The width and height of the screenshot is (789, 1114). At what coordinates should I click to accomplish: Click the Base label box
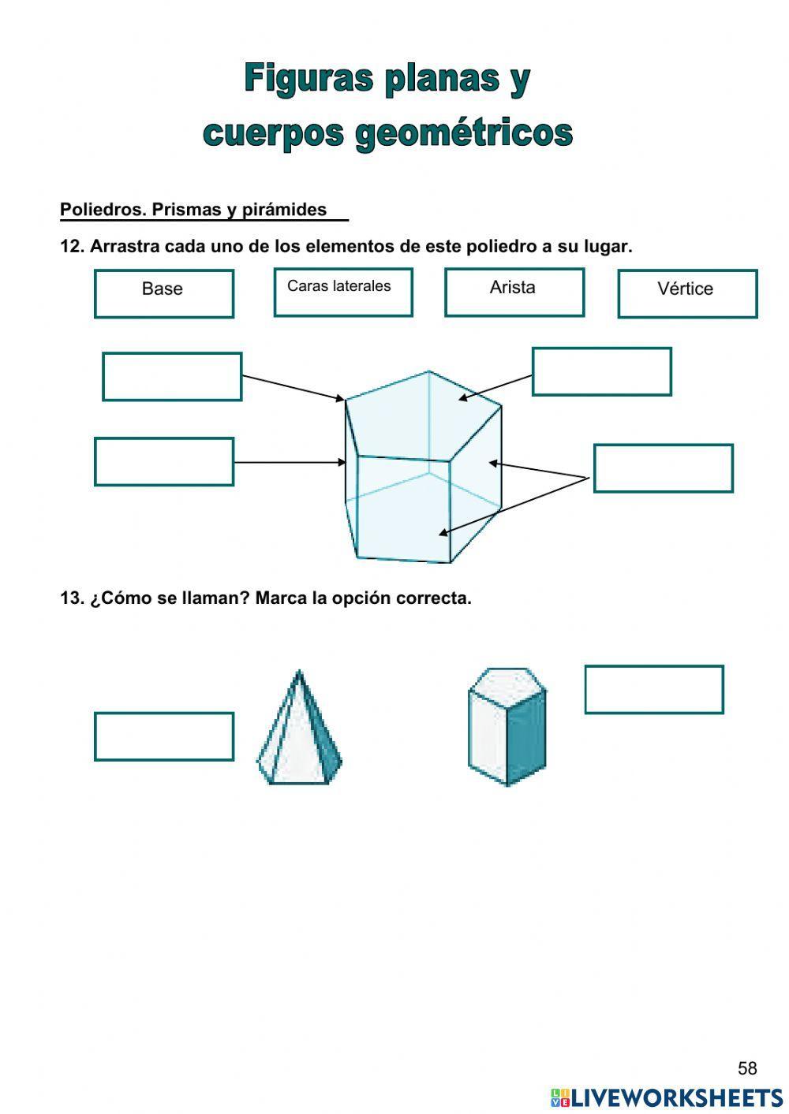point(163,293)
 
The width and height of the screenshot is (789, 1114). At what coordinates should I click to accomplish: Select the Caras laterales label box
point(342,292)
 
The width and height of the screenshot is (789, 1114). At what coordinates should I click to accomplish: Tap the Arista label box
point(514,292)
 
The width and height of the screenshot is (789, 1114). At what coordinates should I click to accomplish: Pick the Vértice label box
point(686,293)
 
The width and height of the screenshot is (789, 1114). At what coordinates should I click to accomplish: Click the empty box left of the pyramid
point(163,736)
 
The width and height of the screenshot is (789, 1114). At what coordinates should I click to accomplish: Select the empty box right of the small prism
point(653,689)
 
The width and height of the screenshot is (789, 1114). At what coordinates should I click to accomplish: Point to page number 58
point(746,1068)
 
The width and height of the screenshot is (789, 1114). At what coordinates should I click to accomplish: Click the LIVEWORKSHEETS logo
point(667,1097)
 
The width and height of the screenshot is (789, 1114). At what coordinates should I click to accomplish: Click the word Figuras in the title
point(308,79)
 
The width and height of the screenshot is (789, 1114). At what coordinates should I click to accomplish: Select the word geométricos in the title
point(463,132)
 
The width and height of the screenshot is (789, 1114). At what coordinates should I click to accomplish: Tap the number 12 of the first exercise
point(71,246)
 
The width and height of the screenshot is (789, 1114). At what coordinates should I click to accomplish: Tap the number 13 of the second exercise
point(71,598)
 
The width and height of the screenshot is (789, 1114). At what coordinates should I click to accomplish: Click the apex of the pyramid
point(299,672)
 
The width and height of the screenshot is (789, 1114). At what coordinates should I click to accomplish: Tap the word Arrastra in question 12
point(125,246)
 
